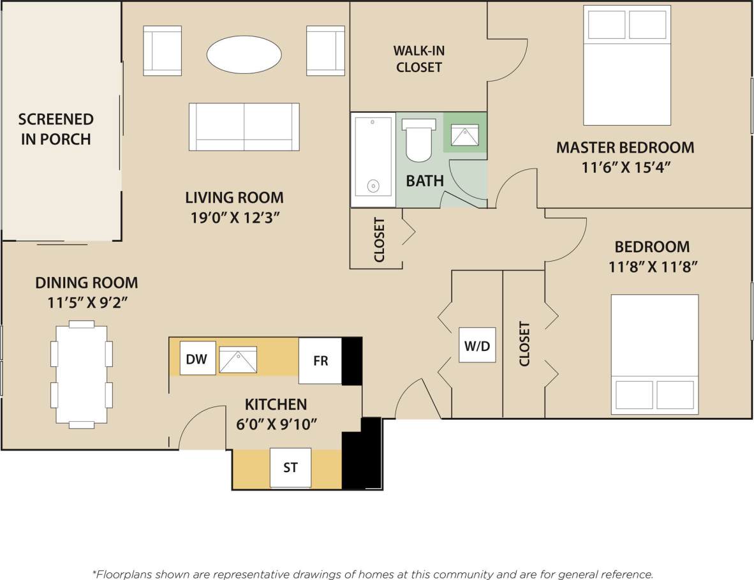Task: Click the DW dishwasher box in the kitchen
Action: [197, 359]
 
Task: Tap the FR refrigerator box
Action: [320, 361]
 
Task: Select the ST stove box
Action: [290, 468]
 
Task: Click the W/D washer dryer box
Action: [477, 345]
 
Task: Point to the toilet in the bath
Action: [418, 139]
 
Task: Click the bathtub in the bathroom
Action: [373, 160]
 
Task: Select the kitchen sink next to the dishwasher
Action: [238, 360]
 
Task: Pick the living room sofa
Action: [244, 126]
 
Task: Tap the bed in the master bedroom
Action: [627, 65]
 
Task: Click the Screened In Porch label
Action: [56, 129]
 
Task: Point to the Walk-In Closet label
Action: [418, 58]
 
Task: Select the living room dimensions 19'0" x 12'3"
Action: [235, 218]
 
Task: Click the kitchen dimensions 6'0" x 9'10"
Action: [276, 423]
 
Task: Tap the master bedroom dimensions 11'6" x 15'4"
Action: [625, 168]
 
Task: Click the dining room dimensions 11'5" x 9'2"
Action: [87, 302]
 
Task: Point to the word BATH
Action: [425, 181]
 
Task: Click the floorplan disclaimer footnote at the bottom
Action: [373, 574]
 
